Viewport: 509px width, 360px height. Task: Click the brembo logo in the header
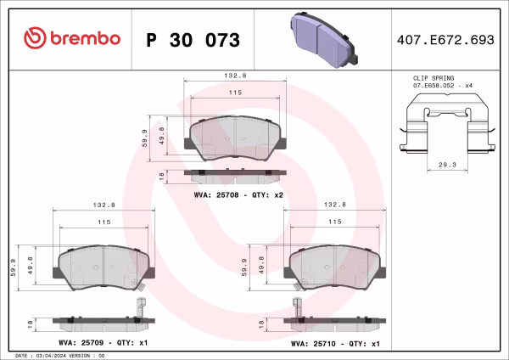click(72, 38)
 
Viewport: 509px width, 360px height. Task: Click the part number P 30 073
click(193, 40)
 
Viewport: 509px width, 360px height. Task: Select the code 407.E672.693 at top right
click(445, 40)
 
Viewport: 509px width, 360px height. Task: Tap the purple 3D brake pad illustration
click(324, 40)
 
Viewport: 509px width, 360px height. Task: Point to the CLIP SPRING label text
click(433, 78)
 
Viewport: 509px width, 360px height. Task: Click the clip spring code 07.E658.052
click(433, 86)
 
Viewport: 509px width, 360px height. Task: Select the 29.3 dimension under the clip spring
click(447, 165)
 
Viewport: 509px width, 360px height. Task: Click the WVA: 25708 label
click(216, 195)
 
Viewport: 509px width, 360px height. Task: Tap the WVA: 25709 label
click(81, 343)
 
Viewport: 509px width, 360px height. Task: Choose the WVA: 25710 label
click(313, 344)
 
